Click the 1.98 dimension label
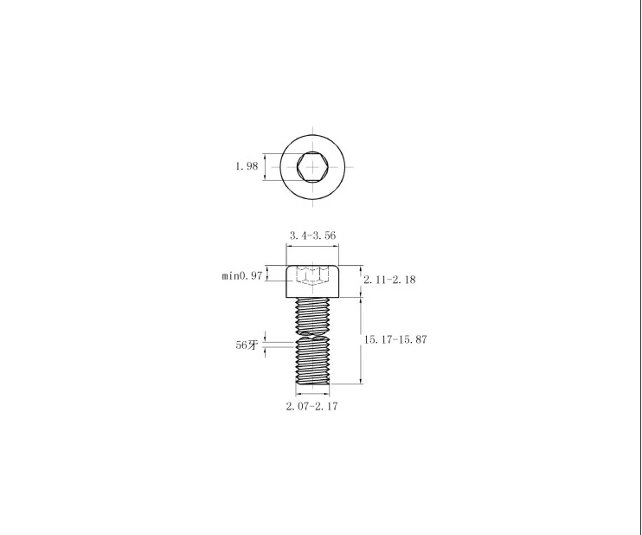point(247,166)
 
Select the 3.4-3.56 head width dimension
point(313,235)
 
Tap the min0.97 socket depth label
point(242,275)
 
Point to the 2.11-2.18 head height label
point(389,280)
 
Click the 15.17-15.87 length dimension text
point(395,339)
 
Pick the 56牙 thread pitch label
point(247,345)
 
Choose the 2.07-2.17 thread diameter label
point(312,406)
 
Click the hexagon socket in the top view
point(313,167)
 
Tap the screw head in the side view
point(313,281)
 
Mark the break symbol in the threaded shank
point(313,334)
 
